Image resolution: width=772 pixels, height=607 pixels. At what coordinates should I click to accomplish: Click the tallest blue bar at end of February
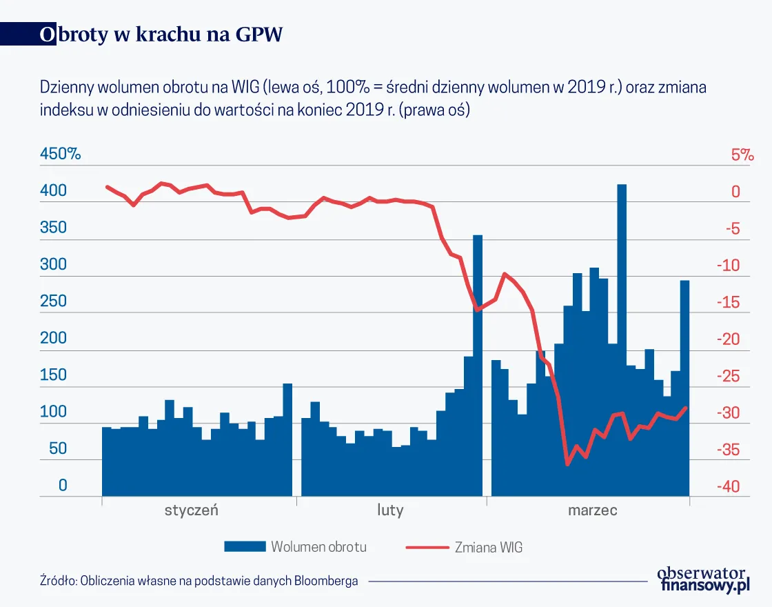(x=478, y=366)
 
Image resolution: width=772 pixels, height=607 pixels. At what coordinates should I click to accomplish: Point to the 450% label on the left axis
(x=61, y=155)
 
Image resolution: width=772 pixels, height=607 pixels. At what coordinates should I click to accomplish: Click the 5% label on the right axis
(x=742, y=155)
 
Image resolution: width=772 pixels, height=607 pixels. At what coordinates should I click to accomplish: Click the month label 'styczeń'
(x=191, y=511)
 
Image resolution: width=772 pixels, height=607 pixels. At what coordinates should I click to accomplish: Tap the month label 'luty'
(x=390, y=511)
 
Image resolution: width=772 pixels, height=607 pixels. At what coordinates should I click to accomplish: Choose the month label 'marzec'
(x=593, y=511)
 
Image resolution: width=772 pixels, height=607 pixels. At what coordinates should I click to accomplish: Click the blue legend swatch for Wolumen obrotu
(x=245, y=547)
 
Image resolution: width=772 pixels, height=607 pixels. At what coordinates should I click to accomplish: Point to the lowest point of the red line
(x=567, y=464)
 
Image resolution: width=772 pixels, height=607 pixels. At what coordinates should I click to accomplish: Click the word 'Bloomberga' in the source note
(x=326, y=581)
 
